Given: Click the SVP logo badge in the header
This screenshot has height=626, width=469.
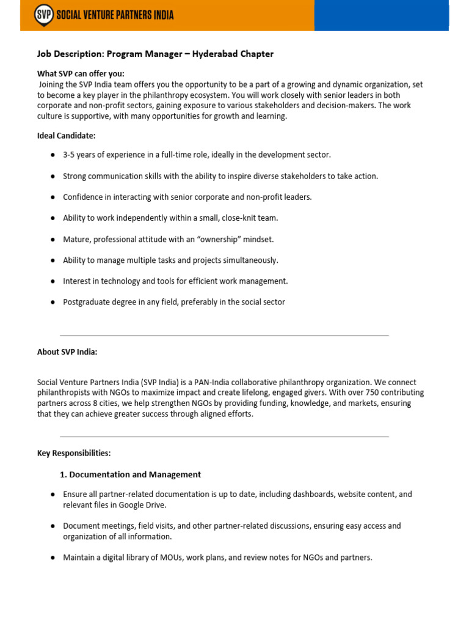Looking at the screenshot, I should (43, 14).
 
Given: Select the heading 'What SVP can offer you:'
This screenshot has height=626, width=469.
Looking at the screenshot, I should (81, 73).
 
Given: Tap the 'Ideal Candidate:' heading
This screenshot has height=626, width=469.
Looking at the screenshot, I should (66, 135).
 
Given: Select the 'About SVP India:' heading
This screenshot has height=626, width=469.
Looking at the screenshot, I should (67, 352).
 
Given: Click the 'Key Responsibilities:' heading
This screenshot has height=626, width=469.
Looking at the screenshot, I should (74, 453).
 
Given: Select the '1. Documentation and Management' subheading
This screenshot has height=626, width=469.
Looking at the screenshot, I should (130, 474).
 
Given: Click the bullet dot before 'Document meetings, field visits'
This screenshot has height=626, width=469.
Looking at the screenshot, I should (53, 526).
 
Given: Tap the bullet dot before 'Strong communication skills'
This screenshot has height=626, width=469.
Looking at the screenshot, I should (53, 176).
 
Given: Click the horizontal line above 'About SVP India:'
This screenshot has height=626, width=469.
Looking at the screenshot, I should (224, 335).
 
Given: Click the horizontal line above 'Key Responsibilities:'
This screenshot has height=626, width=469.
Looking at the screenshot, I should (224, 436).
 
